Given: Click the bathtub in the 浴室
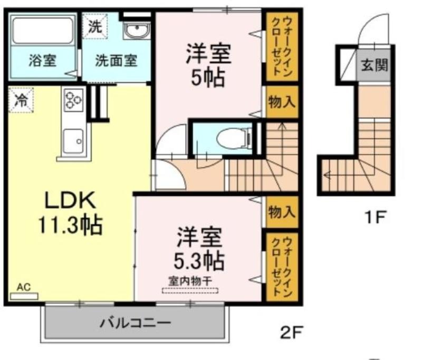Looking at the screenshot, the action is (x=43, y=31).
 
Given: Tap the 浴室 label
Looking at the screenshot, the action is (x=43, y=61).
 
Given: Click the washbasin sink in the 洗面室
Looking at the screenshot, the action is (x=137, y=31).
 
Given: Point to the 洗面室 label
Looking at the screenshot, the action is (x=116, y=61).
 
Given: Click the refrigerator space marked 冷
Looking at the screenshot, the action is (x=21, y=100).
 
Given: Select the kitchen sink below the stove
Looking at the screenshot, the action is (x=73, y=141).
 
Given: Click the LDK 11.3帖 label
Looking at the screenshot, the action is (x=70, y=212).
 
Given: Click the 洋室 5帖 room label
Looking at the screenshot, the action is (x=208, y=65).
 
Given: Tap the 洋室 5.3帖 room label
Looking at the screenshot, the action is (x=199, y=248).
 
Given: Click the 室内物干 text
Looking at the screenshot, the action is (x=190, y=281).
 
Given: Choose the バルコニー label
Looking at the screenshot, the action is (x=136, y=323).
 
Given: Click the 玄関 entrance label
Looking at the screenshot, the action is (x=374, y=65).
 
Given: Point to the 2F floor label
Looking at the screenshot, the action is (x=292, y=332).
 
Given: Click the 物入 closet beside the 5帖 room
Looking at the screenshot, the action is (x=282, y=102).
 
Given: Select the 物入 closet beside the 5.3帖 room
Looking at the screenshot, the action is (x=282, y=212).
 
